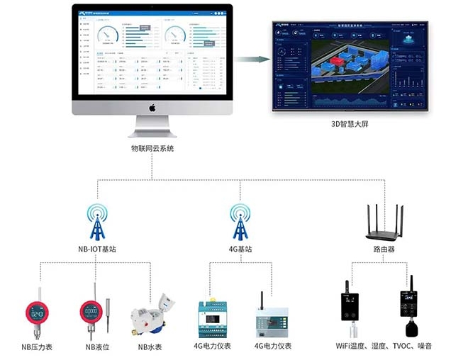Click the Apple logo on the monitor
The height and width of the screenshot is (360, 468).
[152, 108]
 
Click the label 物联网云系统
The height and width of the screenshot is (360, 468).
[152, 148]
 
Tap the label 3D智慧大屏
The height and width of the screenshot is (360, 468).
[350, 123]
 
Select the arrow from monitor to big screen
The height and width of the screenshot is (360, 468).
[252, 59]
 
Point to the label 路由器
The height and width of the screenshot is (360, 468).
[384, 250]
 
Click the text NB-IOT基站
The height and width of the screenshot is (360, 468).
[97, 250]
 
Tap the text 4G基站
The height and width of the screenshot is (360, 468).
[240, 250]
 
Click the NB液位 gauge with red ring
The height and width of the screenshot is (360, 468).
[91, 312]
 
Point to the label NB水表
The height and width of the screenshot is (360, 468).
[150, 347]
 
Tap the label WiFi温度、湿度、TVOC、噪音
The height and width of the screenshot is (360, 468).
[384, 347]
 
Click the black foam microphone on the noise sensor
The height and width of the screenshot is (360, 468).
[411, 329]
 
